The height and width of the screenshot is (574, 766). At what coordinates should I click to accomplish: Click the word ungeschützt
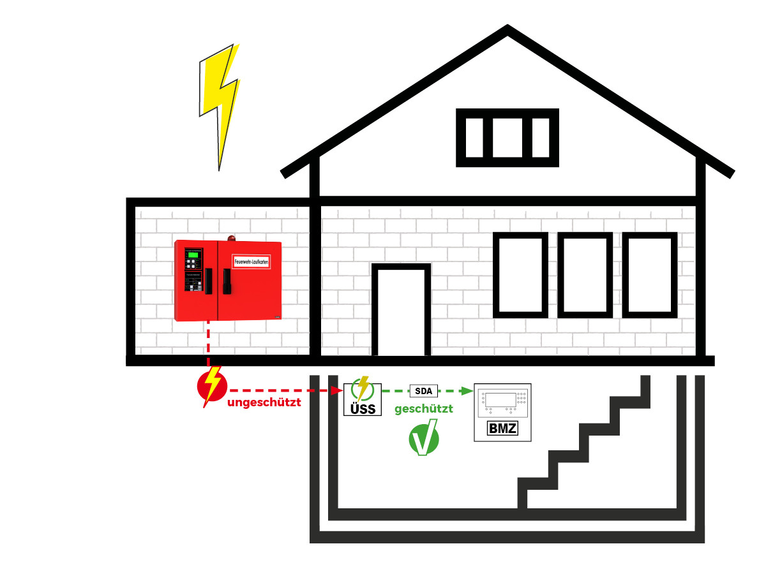tap(264, 403)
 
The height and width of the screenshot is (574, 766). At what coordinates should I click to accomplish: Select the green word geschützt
tap(424, 409)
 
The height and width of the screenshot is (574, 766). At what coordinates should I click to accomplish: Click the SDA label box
tap(424, 390)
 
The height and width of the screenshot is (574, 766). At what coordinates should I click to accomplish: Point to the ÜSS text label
tap(363, 409)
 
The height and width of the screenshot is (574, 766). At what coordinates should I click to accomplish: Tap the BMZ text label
tap(502, 429)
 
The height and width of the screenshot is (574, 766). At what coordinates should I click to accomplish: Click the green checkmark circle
tap(424, 438)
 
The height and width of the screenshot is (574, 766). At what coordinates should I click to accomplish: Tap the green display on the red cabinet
tap(192, 253)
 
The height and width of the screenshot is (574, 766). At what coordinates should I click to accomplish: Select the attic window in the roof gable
tap(507, 138)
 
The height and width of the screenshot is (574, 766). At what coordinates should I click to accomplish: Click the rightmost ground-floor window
tap(650, 275)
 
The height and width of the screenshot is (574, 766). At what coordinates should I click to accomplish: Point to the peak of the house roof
tap(507, 28)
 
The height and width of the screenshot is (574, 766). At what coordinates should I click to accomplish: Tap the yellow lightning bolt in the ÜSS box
tap(363, 388)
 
